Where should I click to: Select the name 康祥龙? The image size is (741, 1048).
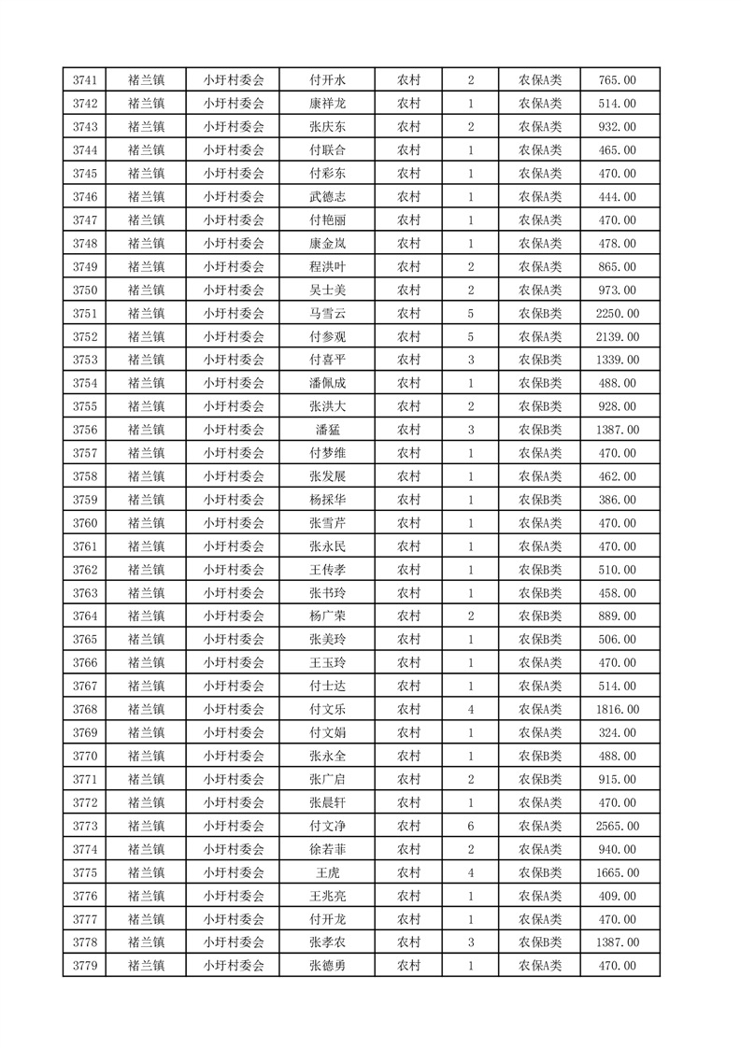tap(327, 104)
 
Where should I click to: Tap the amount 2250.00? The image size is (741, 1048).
tap(618, 313)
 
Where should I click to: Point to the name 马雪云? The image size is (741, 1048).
tap(327, 313)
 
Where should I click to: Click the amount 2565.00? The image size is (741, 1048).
tap(618, 826)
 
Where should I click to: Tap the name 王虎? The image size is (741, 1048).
tap(327, 872)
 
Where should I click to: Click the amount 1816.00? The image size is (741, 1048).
tap(618, 709)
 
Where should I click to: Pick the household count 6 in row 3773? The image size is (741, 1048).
tap(470, 826)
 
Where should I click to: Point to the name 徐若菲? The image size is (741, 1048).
tap(327, 849)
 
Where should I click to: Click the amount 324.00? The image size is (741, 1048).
tap(618, 732)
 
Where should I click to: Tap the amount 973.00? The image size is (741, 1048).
tap(618, 290)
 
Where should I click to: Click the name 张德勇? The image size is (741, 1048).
tap(327, 966)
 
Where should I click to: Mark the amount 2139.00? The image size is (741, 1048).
tap(618, 336)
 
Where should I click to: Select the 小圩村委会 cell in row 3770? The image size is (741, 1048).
tap(234, 756)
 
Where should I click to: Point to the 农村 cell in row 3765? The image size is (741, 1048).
tap(408, 639)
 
